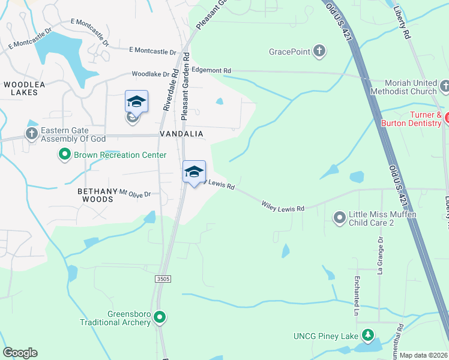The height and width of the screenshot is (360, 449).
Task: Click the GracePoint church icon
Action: click(x=319, y=52)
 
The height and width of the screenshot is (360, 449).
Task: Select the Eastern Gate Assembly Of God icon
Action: click(x=31, y=132)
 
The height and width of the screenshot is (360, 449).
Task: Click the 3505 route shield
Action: click(x=162, y=279)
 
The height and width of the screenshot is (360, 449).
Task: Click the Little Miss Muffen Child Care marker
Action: click(x=340, y=217)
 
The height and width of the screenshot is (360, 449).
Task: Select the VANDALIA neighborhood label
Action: click(x=181, y=133)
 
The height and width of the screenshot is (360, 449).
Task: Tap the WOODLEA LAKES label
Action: click(x=25, y=89)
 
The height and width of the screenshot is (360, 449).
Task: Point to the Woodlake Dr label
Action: click(x=151, y=74)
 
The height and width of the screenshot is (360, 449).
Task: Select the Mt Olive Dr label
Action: click(x=135, y=193)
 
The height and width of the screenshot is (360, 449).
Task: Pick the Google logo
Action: click(x=20, y=353)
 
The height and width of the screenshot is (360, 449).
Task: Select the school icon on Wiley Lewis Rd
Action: click(x=194, y=172)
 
